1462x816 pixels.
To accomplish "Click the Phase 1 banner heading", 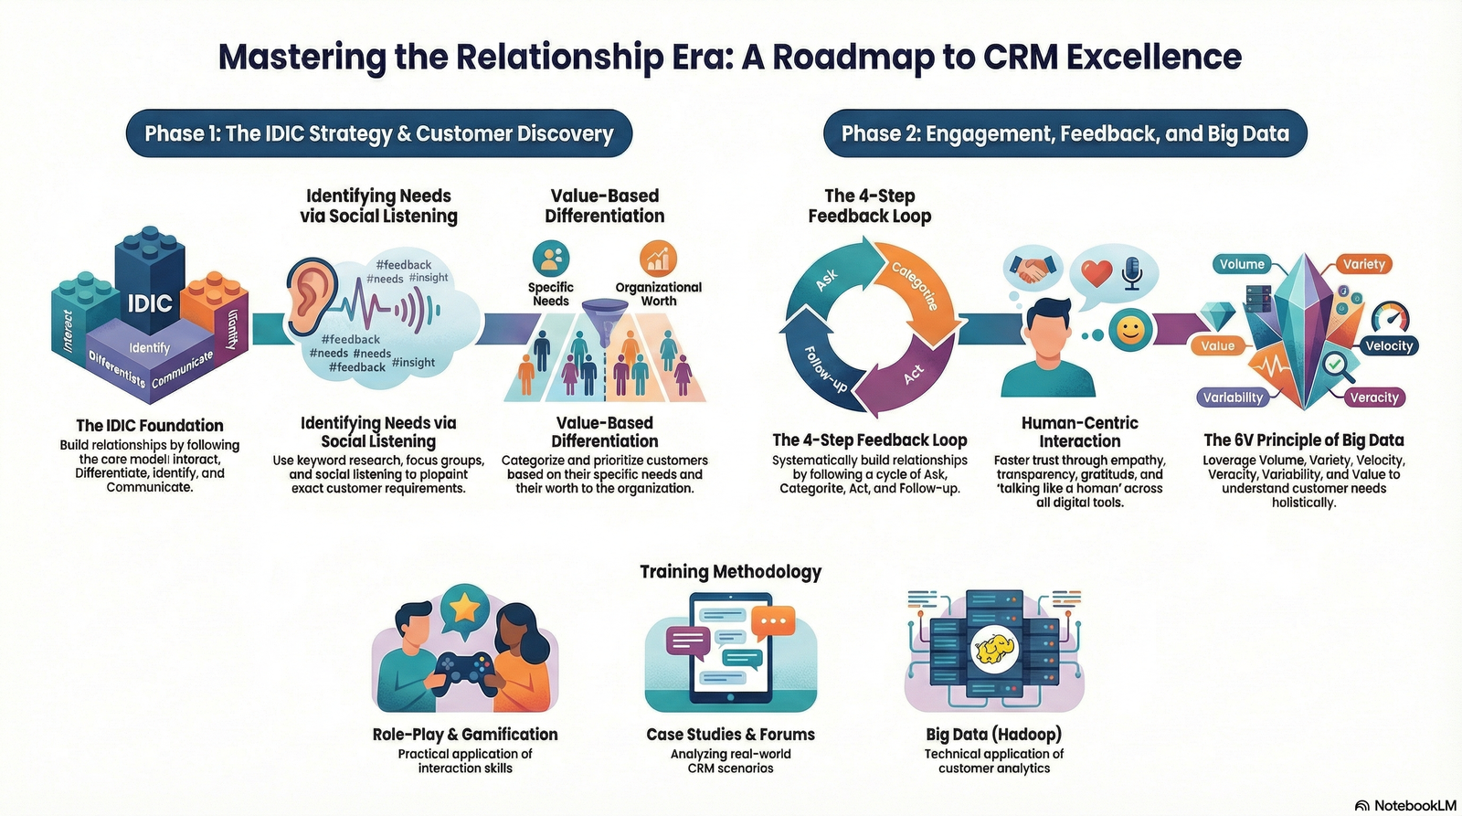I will [x=378, y=133].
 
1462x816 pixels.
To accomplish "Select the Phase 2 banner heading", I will [x=1065, y=133].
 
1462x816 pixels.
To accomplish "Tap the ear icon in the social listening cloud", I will [x=311, y=296].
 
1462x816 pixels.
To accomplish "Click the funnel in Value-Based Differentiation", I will [x=604, y=320].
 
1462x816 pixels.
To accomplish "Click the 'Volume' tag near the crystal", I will [x=1242, y=264].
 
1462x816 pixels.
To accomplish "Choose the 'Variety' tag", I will [x=1363, y=264].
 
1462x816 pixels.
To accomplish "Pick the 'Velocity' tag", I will [x=1388, y=345].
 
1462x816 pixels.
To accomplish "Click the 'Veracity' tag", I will [x=1373, y=397].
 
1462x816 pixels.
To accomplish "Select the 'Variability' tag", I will [x=1233, y=397].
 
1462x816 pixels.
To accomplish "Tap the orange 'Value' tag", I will [x=1217, y=345].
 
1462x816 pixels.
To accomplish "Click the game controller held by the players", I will [x=464, y=672].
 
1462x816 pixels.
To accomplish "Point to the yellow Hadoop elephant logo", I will [x=994, y=650].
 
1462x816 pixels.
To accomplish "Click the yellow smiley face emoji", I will [x=1130, y=330].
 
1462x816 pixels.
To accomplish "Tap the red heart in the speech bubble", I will [x=1096, y=272].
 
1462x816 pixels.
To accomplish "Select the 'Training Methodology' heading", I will [x=730, y=572].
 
